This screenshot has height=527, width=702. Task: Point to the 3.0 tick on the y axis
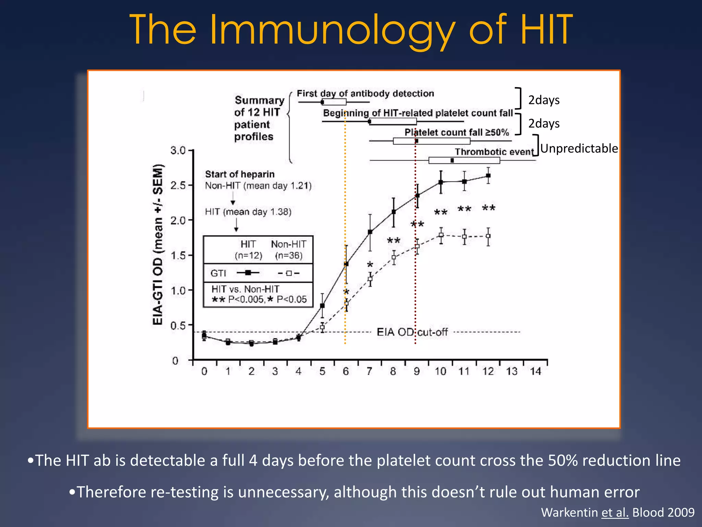[x=178, y=150]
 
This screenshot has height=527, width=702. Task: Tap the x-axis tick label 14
[x=535, y=371]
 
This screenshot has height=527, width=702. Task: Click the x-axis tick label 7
[x=369, y=371]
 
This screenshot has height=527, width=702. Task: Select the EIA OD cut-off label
[x=412, y=332]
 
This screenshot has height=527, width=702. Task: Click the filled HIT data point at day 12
[x=488, y=176]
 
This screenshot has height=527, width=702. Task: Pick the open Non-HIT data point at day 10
[x=441, y=235]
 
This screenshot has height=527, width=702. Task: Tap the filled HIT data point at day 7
[x=370, y=232]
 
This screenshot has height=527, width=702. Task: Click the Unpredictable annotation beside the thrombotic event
[x=579, y=149]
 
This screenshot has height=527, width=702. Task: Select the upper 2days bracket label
[x=544, y=100]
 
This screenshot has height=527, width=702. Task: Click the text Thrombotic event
[x=494, y=152]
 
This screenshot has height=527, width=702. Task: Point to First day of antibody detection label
[x=365, y=93]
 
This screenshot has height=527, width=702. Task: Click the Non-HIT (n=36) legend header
[x=289, y=249]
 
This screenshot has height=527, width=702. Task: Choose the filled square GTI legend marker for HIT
[x=248, y=273]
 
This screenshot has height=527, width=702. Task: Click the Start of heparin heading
[x=240, y=174]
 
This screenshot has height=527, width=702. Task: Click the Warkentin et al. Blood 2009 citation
[x=617, y=512]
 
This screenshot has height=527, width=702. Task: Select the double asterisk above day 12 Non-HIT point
[x=488, y=208]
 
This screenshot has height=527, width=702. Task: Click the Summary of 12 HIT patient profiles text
[x=259, y=118]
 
